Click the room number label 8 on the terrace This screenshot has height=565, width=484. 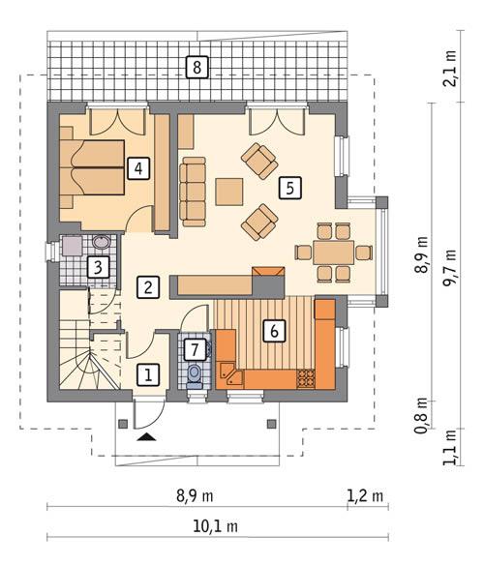pos(197,68)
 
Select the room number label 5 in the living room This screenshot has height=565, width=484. pos(287,188)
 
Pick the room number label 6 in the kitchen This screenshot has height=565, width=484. pos(274,331)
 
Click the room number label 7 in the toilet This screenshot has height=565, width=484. pos(195,347)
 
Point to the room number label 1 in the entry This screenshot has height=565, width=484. pos(147,373)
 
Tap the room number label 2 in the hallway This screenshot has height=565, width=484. pos(147,286)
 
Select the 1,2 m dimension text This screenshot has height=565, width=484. pos(365,496)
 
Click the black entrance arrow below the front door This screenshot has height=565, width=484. pos(146,438)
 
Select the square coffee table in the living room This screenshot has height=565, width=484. pos(230,191)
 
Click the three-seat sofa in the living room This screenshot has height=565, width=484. pos(192,188)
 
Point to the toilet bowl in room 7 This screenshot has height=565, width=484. pos(195,373)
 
